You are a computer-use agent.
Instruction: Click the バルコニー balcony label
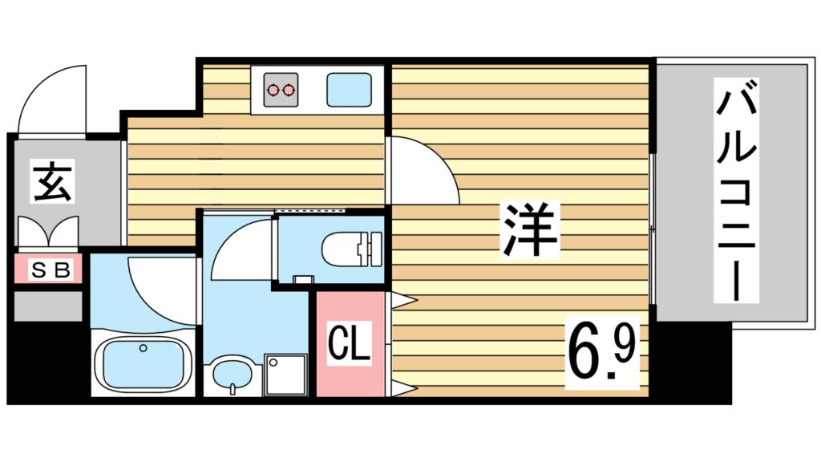736,194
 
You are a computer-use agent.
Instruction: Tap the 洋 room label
530,230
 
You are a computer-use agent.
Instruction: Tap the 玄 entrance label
53,181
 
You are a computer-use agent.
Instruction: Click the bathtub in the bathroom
143,363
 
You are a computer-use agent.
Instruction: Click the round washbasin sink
232,375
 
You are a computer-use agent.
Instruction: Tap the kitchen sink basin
349,87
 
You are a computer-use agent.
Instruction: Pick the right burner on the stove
287,90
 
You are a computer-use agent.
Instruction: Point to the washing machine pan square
286,374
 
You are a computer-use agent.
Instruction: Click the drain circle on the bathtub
143,348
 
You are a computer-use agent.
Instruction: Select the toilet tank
371,248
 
